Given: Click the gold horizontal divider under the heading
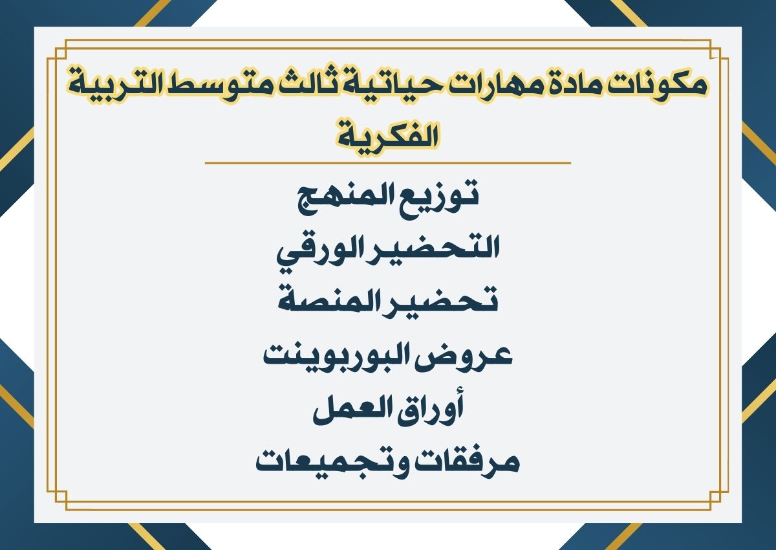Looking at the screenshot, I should pos(388,163).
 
